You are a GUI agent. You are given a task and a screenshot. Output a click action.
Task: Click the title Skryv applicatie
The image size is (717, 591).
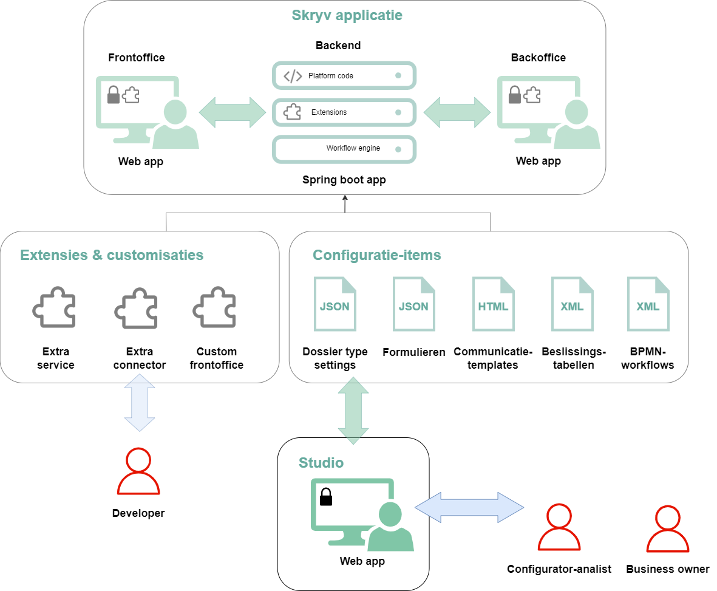(x=347, y=15)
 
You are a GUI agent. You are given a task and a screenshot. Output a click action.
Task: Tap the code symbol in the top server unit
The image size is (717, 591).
(x=293, y=76)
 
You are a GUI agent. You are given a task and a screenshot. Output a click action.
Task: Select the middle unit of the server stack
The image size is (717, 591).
(x=344, y=112)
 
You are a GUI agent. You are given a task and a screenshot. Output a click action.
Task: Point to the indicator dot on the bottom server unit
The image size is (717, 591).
(x=398, y=149)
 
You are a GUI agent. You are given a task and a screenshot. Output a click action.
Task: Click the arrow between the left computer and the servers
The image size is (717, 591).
(x=233, y=112)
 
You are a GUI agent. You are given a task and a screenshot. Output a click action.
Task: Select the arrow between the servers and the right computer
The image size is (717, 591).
(x=457, y=112)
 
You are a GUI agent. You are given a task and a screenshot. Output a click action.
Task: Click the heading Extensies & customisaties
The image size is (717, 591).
(x=112, y=255)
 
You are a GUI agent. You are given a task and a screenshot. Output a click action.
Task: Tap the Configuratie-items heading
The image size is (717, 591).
(x=376, y=255)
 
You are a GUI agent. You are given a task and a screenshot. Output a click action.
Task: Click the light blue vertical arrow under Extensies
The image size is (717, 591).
(x=140, y=402)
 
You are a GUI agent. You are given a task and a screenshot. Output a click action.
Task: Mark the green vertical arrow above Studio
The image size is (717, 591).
(x=353, y=411)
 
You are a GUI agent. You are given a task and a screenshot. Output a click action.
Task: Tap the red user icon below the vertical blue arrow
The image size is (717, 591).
(x=138, y=472)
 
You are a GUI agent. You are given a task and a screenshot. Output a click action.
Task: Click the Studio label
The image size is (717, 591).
(x=321, y=463)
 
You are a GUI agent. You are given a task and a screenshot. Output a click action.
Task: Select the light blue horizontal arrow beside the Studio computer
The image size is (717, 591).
(x=469, y=507)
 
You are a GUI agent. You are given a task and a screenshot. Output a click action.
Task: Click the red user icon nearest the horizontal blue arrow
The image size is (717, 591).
(x=559, y=528)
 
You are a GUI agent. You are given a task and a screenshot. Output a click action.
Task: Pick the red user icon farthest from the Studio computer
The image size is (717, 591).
(x=668, y=529)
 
